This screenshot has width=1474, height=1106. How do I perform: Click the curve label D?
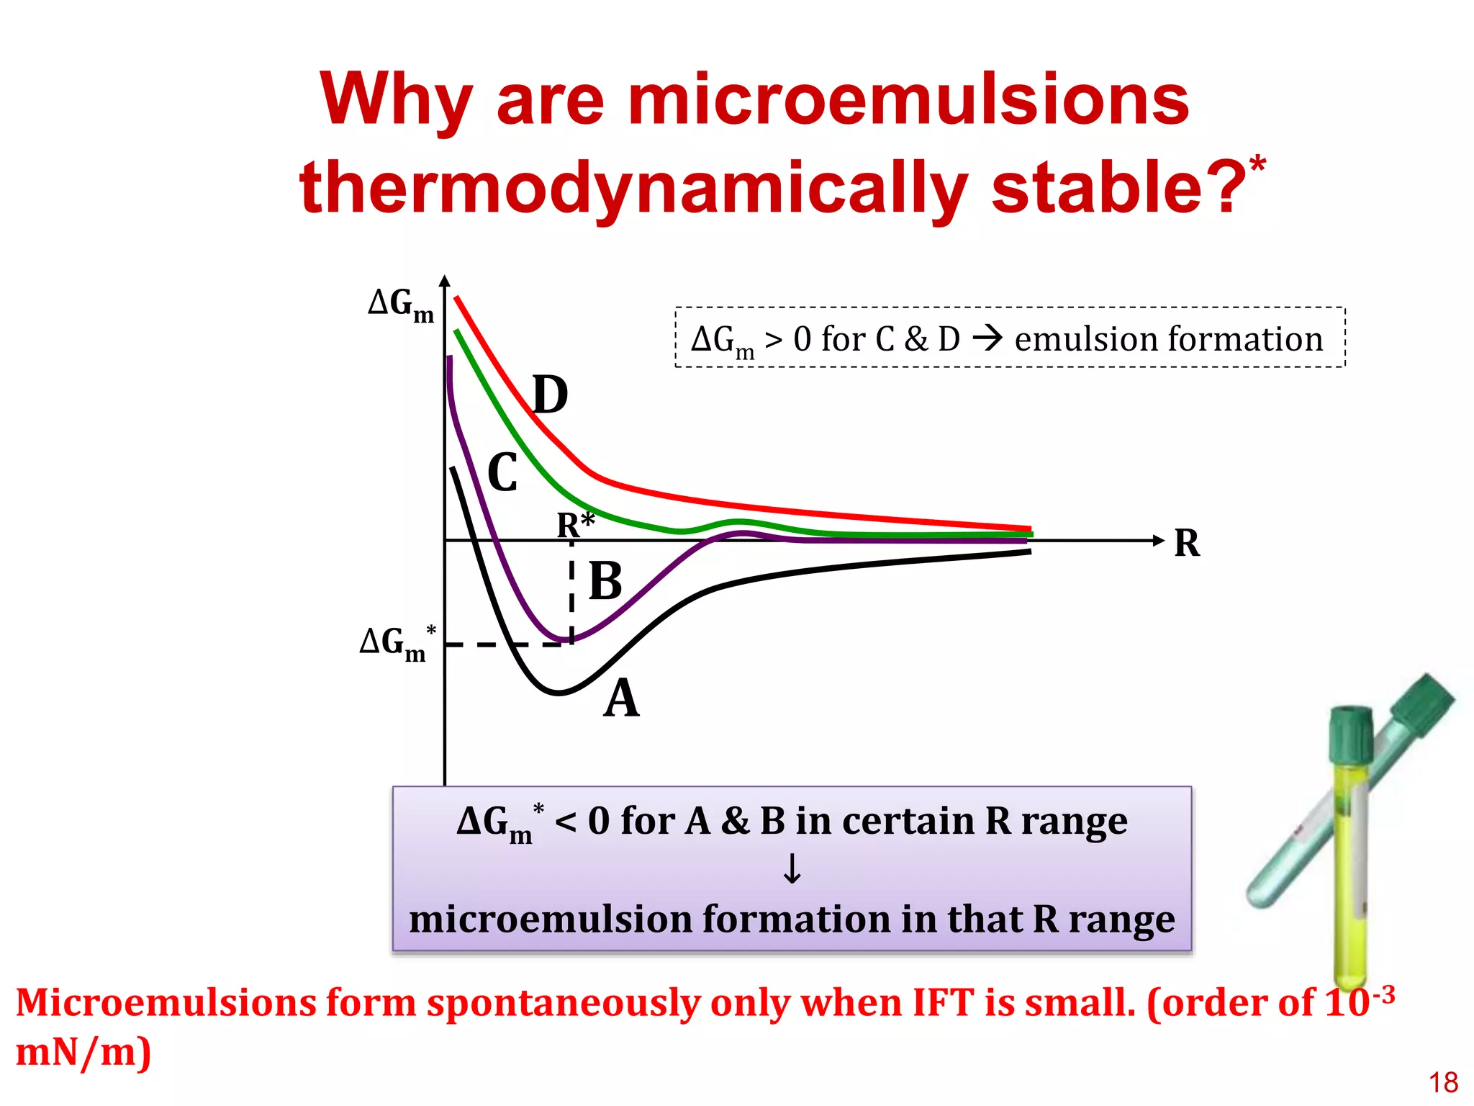pos(551,395)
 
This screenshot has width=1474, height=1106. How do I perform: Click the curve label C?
pos(502,473)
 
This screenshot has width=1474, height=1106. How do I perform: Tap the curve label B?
pos(605,581)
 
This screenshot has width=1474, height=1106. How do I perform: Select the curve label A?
pos(621,698)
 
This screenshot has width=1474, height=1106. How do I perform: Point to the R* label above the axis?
pos(575,525)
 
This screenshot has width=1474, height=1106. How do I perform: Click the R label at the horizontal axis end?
pos(1187,543)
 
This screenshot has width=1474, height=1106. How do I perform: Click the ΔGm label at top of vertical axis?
pos(401,305)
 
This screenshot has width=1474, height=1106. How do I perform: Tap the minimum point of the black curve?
pos(559,693)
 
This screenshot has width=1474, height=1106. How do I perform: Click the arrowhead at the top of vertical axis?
pos(445,282)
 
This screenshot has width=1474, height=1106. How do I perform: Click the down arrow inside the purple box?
pos(792,869)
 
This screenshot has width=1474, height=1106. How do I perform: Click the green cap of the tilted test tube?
pos(1423,702)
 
